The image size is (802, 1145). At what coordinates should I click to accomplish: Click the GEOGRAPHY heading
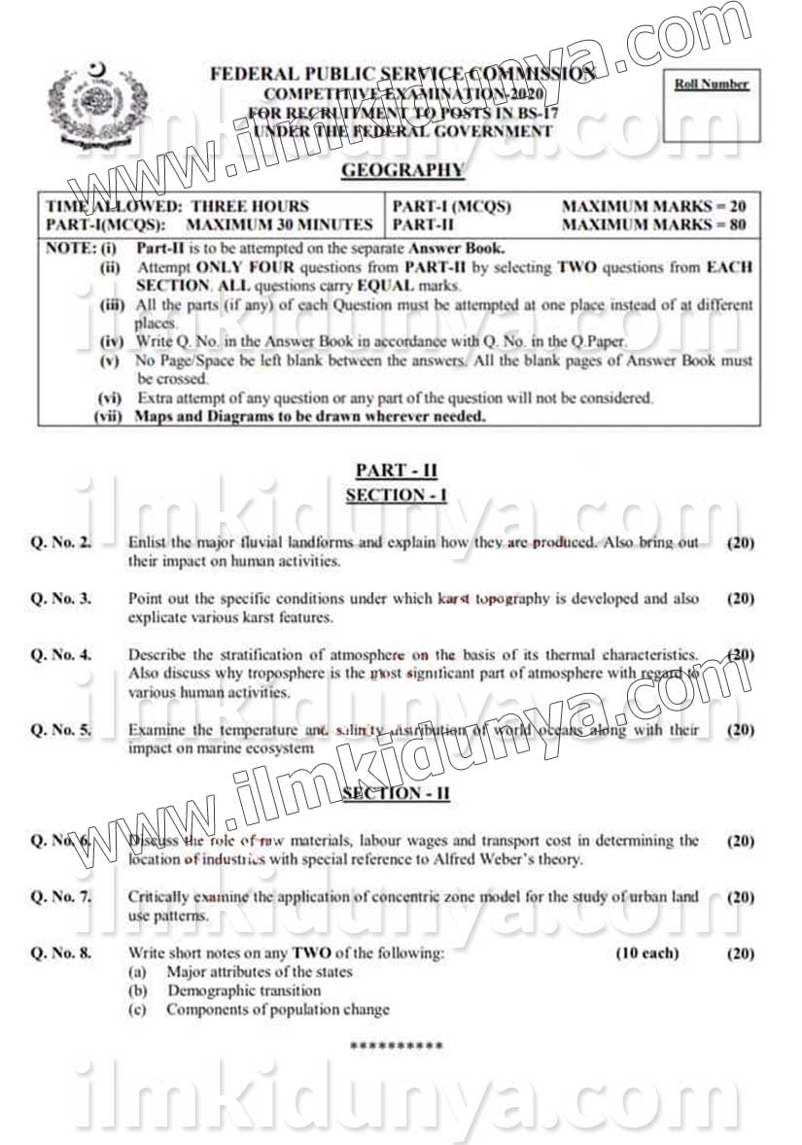click(389, 171)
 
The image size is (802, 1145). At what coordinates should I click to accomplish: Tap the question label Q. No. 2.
click(61, 542)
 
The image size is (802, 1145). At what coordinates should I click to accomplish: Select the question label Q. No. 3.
click(61, 599)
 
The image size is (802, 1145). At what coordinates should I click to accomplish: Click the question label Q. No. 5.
click(61, 729)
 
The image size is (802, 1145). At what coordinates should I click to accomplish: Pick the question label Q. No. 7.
click(61, 897)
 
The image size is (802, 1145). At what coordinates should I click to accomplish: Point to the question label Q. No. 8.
click(61, 954)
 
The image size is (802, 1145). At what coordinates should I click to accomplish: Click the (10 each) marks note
click(647, 954)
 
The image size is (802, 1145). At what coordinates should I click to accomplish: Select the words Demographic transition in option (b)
click(244, 990)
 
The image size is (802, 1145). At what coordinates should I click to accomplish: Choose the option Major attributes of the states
click(260, 972)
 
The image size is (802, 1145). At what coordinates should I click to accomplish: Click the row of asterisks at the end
click(396, 1046)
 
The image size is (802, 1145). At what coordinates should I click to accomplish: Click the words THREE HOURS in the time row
click(250, 206)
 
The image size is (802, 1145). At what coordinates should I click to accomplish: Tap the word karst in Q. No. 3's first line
click(455, 599)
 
